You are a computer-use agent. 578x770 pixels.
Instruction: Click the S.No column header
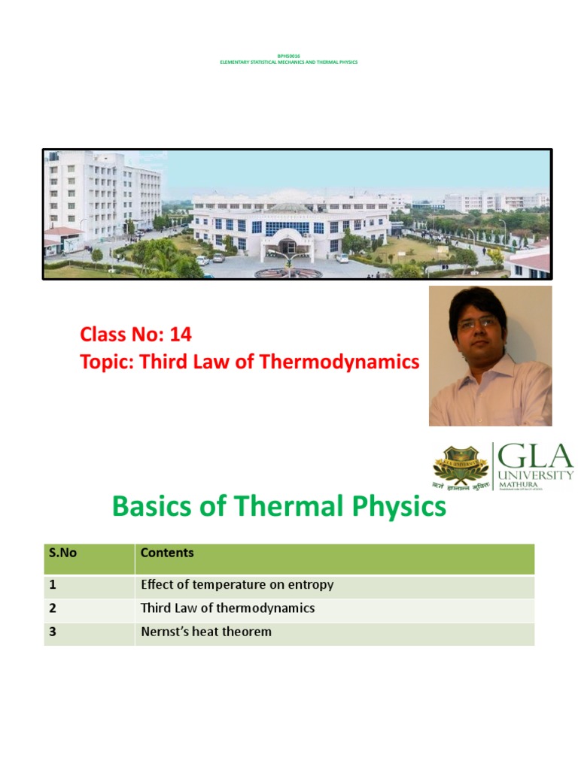[63, 553]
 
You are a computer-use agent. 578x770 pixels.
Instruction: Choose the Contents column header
[167, 553]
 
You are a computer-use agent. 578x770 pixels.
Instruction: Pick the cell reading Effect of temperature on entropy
[237, 584]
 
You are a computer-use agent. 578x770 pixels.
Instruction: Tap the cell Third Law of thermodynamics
[227, 608]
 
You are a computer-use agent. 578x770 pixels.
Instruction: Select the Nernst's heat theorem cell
[206, 632]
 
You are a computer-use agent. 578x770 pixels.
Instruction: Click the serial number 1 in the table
[53, 584]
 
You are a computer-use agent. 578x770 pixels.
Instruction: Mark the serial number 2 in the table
[53, 608]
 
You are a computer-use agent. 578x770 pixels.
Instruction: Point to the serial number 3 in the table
[53, 632]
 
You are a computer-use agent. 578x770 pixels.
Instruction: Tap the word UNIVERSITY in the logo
[536, 475]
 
